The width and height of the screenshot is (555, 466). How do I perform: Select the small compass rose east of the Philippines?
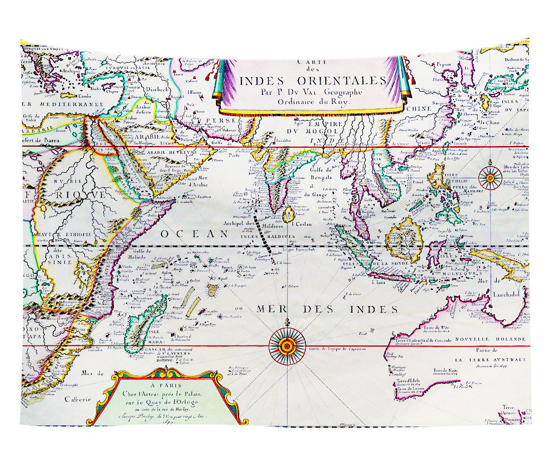491,177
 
